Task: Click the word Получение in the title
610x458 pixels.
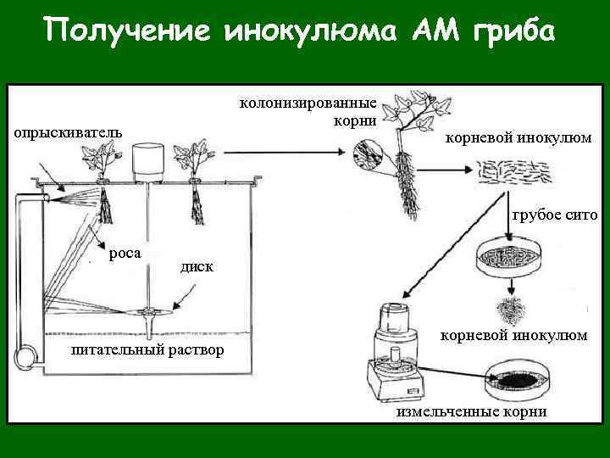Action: point(126,32)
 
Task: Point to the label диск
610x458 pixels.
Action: point(197,267)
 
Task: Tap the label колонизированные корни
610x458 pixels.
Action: point(308,111)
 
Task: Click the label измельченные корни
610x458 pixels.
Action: point(472,411)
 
